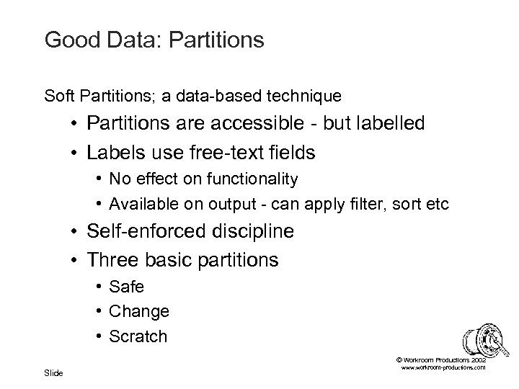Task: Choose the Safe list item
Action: point(127,287)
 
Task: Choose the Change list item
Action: point(139,312)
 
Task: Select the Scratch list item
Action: point(138,336)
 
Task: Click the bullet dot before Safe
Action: point(97,287)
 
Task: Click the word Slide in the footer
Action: point(53,372)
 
